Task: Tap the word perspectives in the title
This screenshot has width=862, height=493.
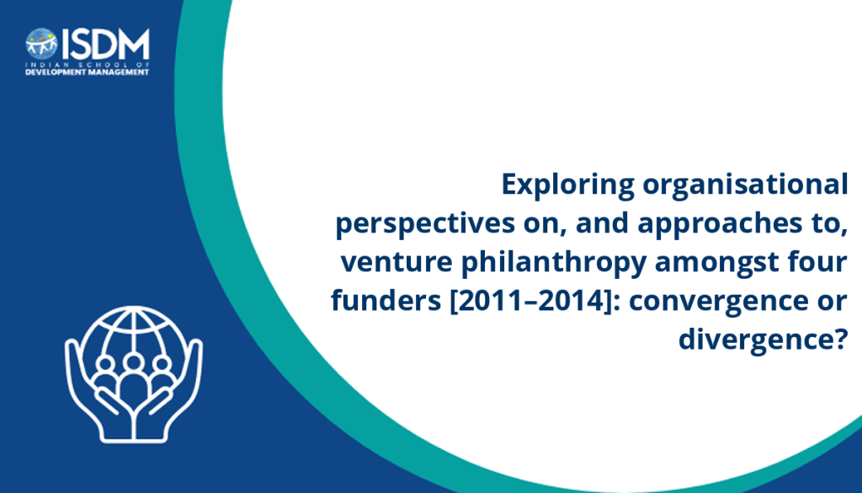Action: pos(425,224)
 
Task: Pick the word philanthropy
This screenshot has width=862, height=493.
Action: pos(554,263)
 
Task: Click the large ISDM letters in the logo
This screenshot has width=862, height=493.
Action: pos(105,45)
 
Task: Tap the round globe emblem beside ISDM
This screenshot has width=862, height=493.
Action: pos(41,44)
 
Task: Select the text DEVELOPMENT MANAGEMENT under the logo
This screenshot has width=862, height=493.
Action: pos(88,72)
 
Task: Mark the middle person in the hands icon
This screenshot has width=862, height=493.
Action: pos(133,381)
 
